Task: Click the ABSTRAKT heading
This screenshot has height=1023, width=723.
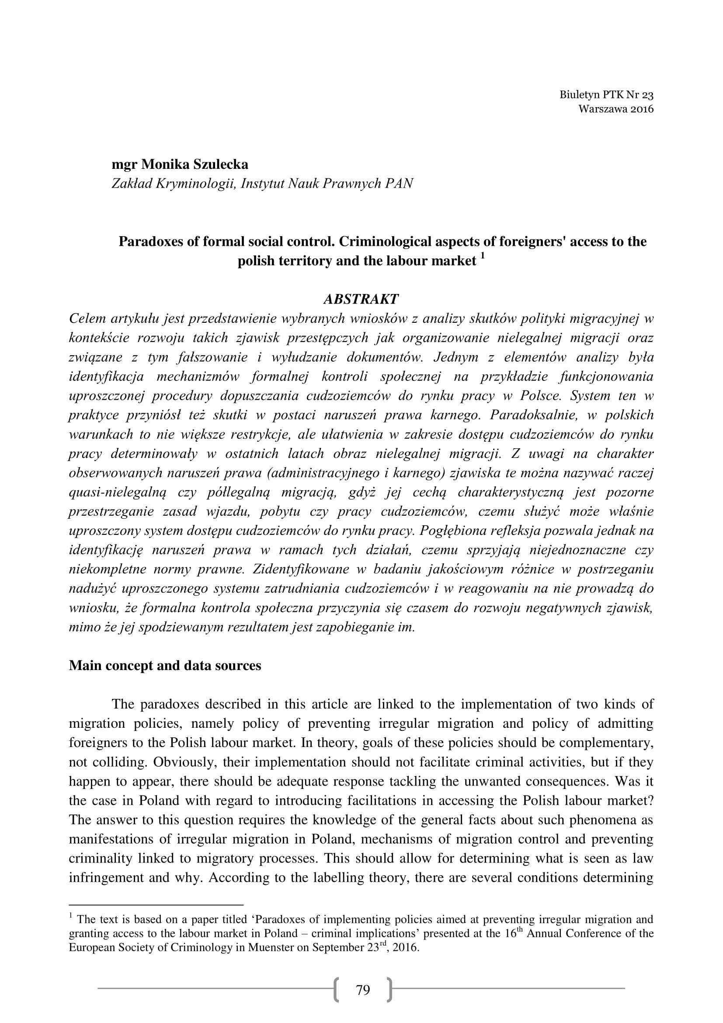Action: pos(361,299)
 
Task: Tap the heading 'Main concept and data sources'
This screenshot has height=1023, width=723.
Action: pos(165,666)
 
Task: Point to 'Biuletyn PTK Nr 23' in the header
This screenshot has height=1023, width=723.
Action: pos(606,94)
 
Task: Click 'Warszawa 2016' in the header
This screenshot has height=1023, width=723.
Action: pos(616,109)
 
